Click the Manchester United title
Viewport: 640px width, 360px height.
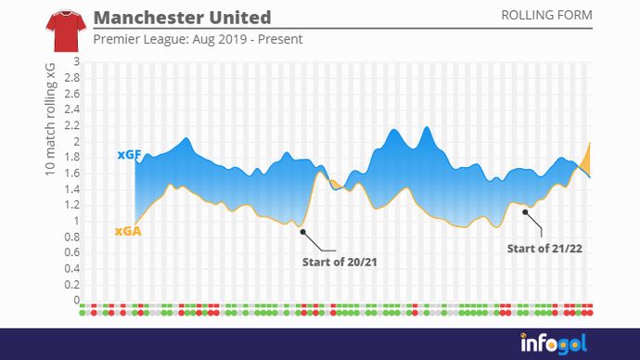pyautogui.click(x=183, y=18)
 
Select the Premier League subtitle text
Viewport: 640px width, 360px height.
pyautogui.click(x=198, y=39)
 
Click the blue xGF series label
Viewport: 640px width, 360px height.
pyautogui.click(x=129, y=155)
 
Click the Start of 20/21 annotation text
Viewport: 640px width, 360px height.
pyautogui.click(x=339, y=262)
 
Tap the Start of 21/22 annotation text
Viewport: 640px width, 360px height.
pyautogui.click(x=544, y=248)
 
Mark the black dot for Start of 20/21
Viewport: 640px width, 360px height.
pyautogui.click(x=301, y=232)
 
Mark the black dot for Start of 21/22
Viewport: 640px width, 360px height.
pyautogui.click(x=525, y=212)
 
